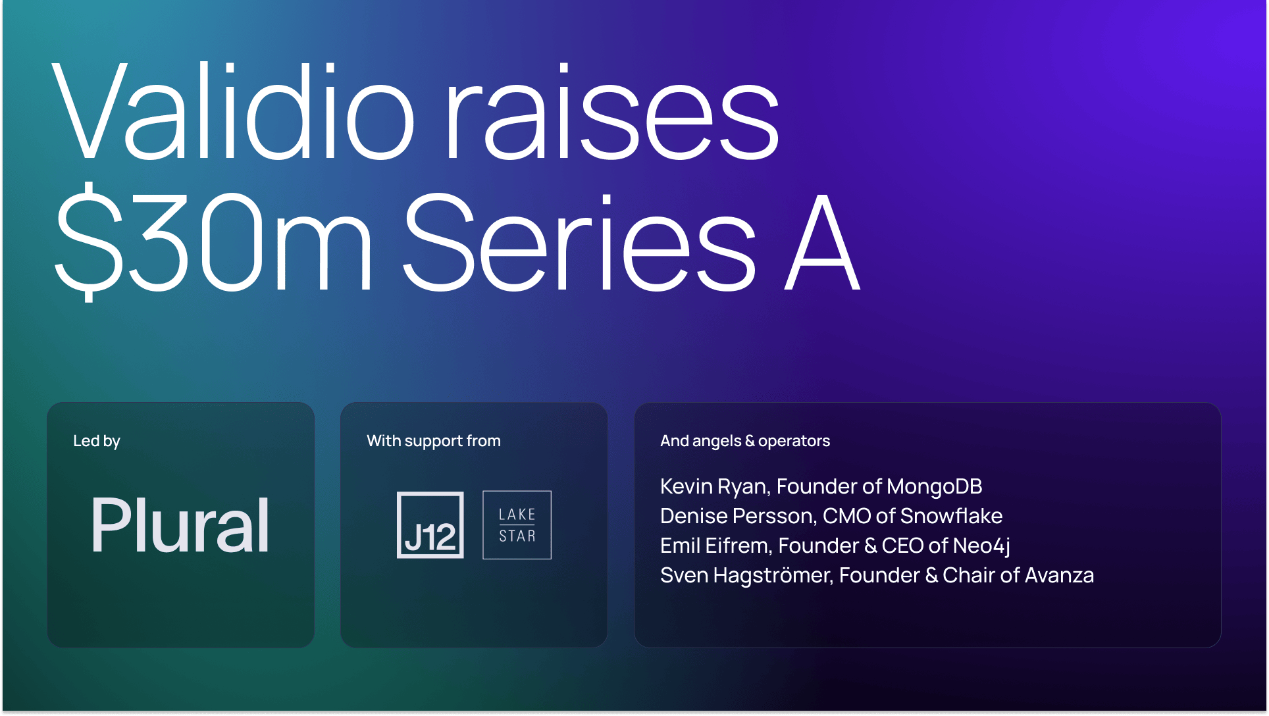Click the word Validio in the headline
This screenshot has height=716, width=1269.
coord(234,111)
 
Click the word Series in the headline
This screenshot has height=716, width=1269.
coord(579,242)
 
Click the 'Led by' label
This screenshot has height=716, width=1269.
coord(97,441)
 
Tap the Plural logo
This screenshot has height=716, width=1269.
coord(180,524)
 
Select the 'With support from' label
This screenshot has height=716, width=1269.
coord(434,441)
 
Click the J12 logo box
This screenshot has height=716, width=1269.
coord(430,525)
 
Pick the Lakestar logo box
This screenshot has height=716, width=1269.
coord(517,525)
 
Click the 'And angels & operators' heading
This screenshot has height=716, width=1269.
coord(745,441)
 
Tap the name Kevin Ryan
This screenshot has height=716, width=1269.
coord(715,486)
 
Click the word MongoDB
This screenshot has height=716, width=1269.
coord(935,486)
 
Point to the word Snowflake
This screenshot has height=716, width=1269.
coord(951,516)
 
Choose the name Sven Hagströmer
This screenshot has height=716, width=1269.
coord(746,575)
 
